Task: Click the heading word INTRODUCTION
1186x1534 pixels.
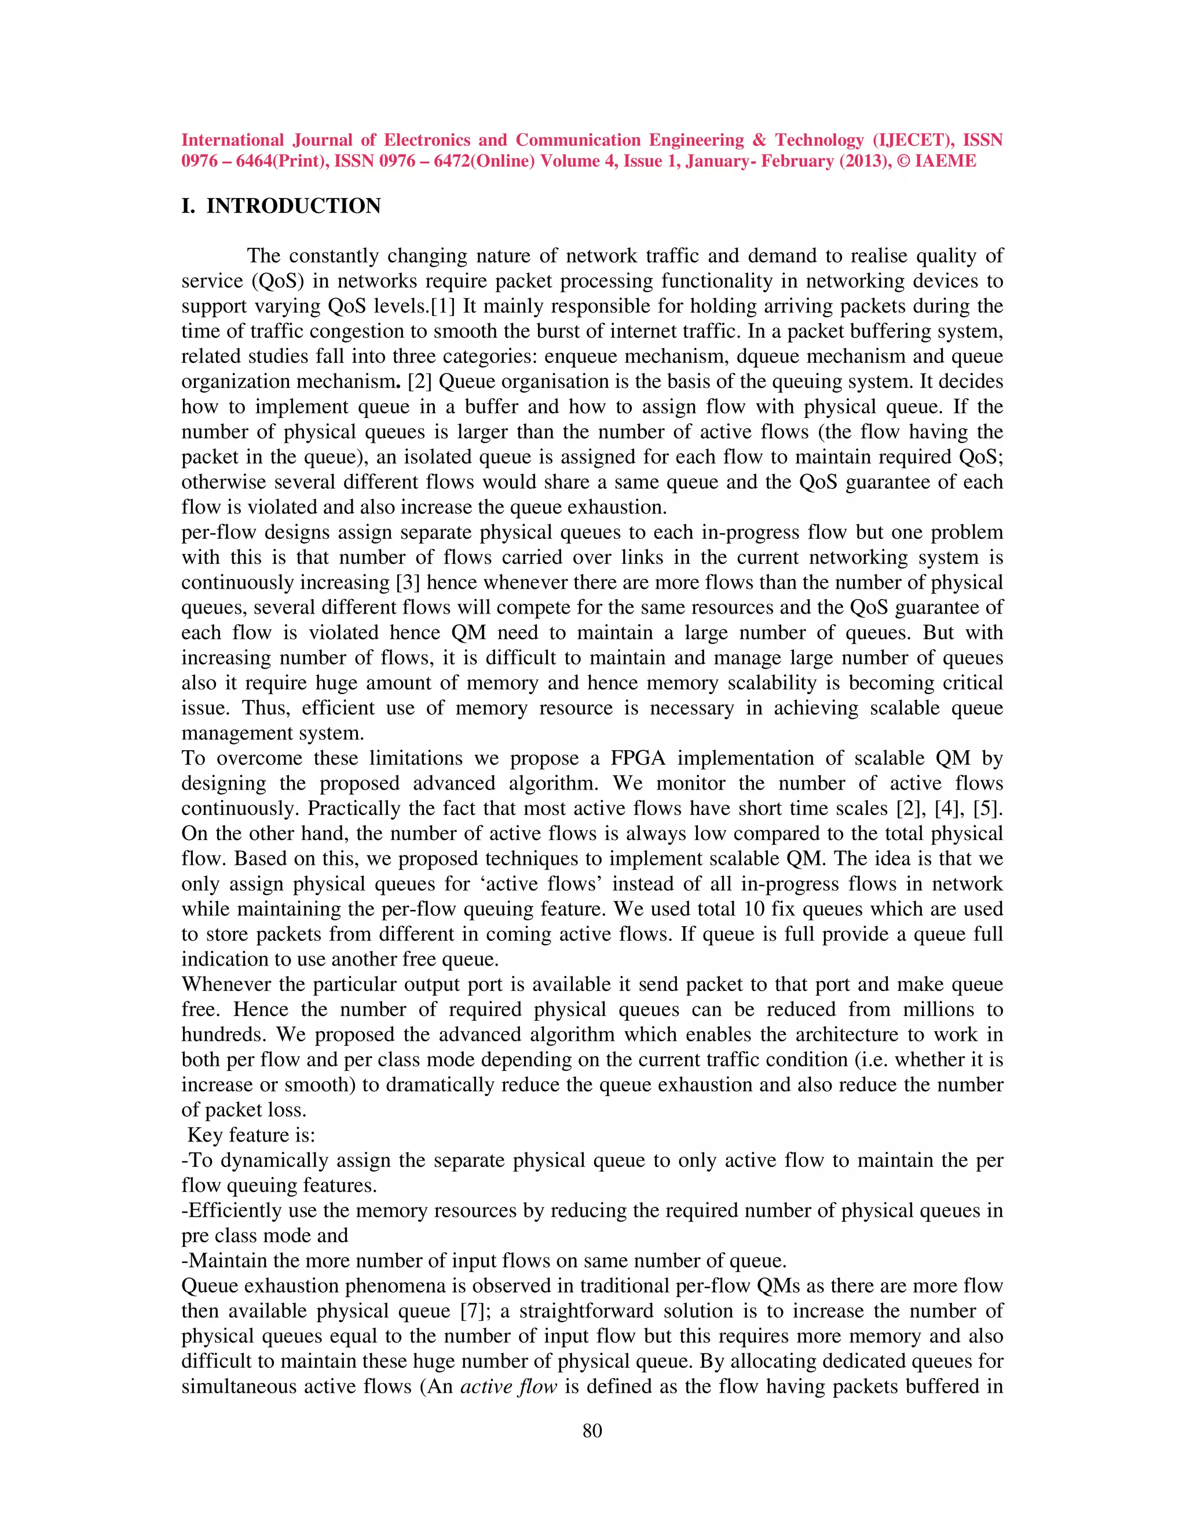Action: click(x=293, y=206)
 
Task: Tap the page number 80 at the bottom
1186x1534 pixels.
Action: click(x=592, y=1431)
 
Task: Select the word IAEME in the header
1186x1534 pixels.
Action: click(x=945, y=161)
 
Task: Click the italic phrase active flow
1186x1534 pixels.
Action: click(x=508, y=1386)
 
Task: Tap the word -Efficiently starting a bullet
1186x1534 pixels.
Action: click(x=231, y=1210)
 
